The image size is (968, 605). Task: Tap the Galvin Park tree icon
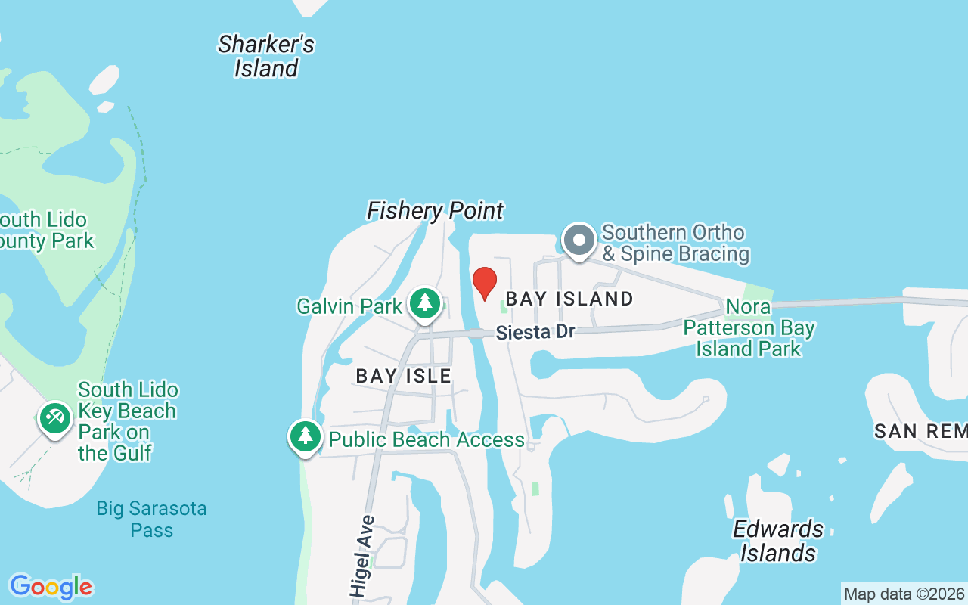coord(425,304)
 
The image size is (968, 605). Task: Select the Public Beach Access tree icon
coord(306,437)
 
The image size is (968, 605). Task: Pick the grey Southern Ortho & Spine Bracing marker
coord(579,240)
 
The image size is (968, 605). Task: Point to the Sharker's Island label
coord(266,56)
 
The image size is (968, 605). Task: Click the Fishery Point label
coord(435,210)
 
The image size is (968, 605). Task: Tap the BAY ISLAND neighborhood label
coord(569,299)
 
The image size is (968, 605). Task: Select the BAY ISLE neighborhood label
coord(404,376)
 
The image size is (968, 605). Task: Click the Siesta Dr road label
coord(536,332)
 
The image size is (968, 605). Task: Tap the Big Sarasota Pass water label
coord(152,519)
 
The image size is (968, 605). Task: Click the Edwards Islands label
coord(778,541)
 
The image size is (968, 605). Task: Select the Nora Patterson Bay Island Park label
coord(748,327)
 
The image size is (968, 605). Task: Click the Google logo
coord(51,587)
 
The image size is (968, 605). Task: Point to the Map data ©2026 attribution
coord(904,594)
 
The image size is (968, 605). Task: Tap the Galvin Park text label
coord(349,306)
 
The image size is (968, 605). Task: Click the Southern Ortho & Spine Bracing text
coord(675,243)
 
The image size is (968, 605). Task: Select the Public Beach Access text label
coord(427,439)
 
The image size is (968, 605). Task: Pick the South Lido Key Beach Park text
coord(128,421)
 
